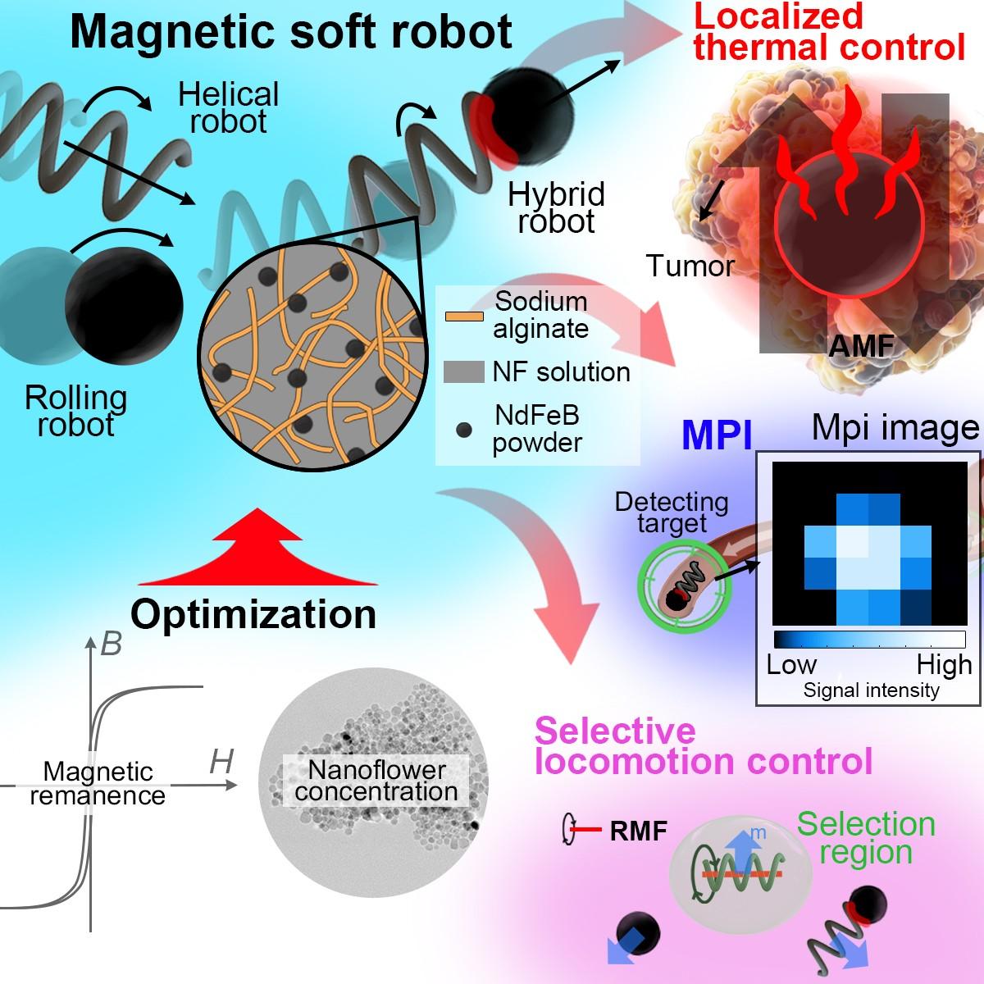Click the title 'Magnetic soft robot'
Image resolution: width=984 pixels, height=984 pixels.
(291, 33)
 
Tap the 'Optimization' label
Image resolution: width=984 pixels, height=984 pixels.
(253, 613)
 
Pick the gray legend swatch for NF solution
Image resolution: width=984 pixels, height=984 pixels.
(464, 371)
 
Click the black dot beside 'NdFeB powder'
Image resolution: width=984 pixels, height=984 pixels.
(464, 429)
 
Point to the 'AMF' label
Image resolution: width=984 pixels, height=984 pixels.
(860, 346)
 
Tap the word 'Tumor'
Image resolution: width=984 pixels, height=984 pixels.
(690, 266)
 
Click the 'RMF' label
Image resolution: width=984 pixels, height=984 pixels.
(639, 832)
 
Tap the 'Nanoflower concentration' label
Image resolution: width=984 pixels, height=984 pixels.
(376, 781)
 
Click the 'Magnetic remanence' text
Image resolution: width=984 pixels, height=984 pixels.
(98, 783)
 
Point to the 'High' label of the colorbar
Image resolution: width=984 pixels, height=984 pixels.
(945, 664)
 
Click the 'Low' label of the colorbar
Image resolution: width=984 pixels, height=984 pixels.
(791, 664)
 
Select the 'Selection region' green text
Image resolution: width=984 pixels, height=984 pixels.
(866, 837)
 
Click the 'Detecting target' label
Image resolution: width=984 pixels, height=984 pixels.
(672, 512)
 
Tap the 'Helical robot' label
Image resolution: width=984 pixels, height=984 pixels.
(229, 107)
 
